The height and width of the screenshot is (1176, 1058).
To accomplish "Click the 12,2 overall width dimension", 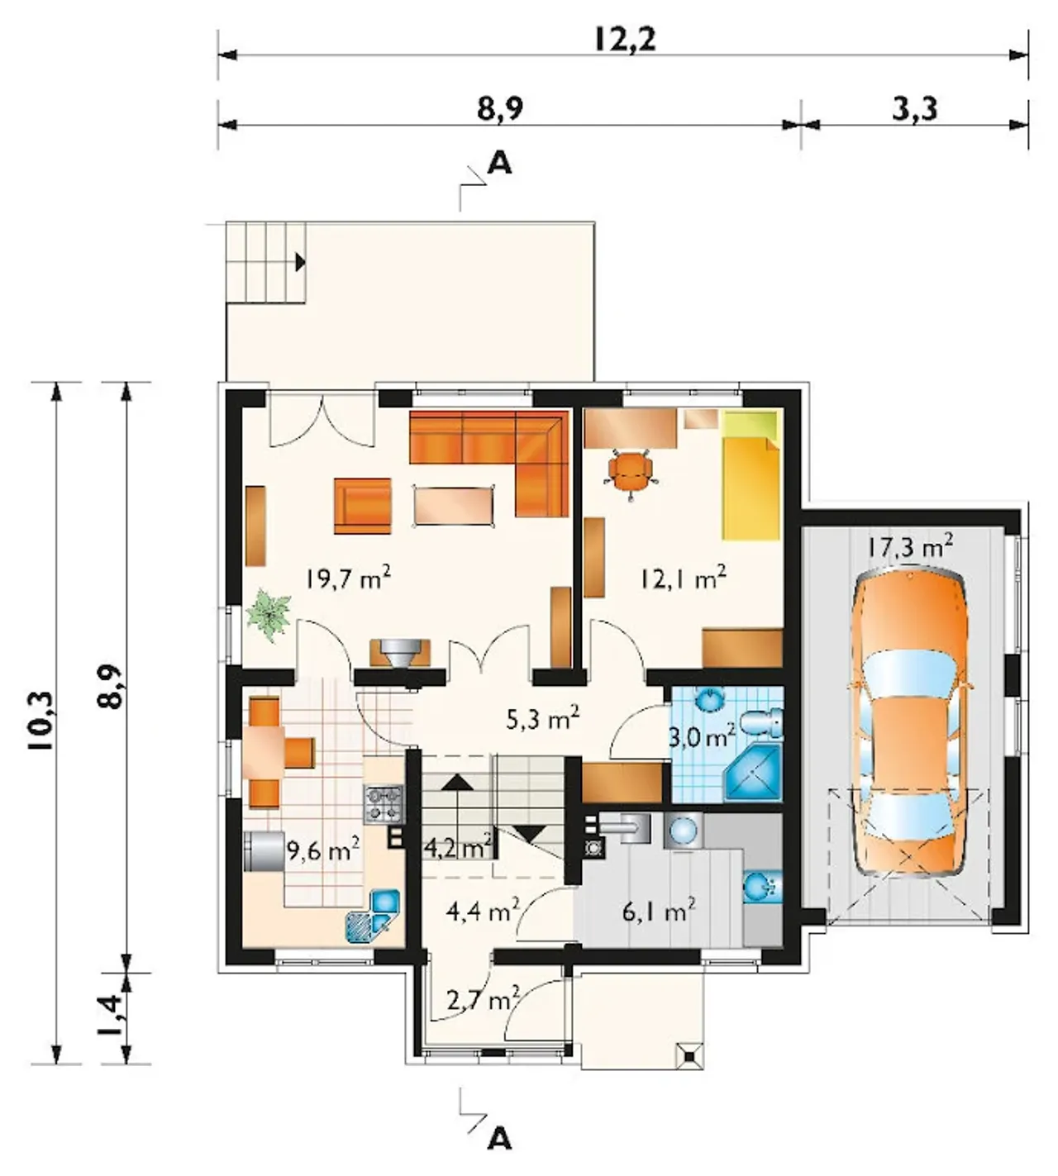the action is pos(625,40).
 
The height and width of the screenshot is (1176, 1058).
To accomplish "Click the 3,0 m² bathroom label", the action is pos(703,737).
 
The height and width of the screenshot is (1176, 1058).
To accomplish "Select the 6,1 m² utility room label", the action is pos(659,912).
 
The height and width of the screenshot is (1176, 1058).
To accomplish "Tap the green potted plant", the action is pos(269,617).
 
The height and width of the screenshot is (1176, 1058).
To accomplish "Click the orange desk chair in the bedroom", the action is pos(630,467).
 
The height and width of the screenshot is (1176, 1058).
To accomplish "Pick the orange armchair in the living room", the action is pos(362,506).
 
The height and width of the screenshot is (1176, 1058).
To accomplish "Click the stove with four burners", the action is pos(384,804).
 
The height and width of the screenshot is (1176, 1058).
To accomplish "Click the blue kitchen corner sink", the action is pos(374,917).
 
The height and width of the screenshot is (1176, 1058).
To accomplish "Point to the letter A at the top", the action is pos(500,164).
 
